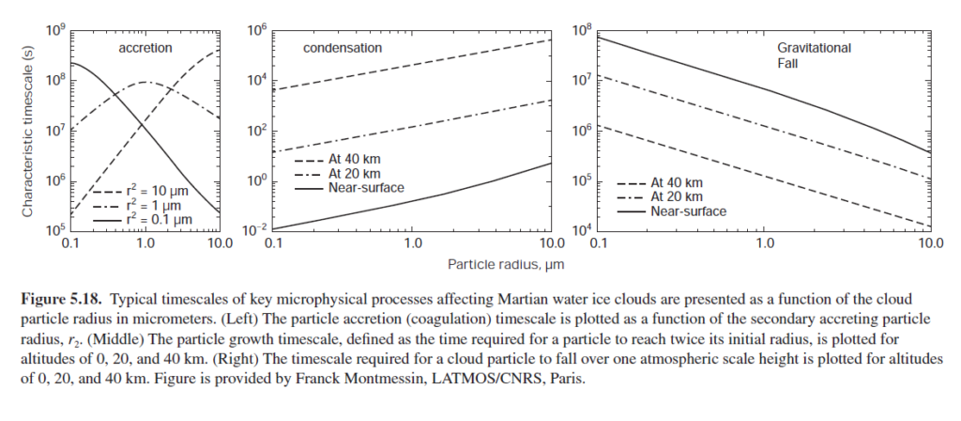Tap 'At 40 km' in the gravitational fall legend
pyautogui.click(x=677, y=183)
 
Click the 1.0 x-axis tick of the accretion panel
pyautogui.click(x=144, y=243)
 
